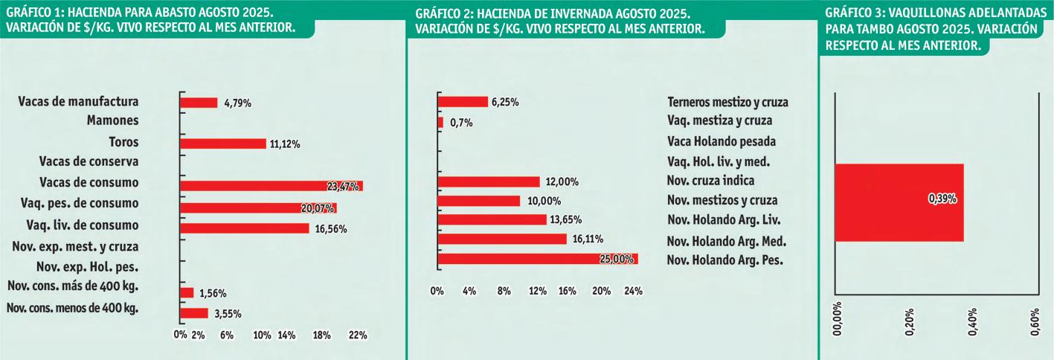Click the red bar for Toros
pos(223,144)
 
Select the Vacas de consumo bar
pos(271,185)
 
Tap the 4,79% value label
pos(237,103)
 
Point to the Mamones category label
pos(112,120)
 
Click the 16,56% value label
pos(331,228)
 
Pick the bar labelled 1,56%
pos(187,293)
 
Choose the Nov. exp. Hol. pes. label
pos(88,267)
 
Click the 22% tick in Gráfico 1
pos(358,335)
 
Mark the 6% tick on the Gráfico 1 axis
pos(227,335)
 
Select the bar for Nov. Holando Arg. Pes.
pos(538,259)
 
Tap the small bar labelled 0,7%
pos(440,122)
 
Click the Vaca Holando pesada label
pos(722,141)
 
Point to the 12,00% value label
pos(562,182)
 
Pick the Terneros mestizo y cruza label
pos(727,102)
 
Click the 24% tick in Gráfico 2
pos(633,292)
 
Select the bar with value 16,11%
pos(502,239)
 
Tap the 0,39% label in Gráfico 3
pos(942,199)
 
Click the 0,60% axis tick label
pos(1035,322)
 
